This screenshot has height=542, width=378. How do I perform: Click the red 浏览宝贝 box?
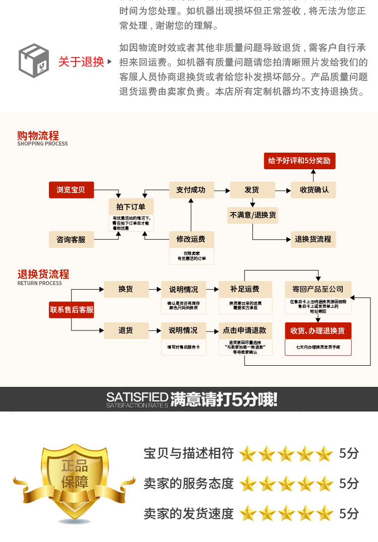click(x=71, y=190)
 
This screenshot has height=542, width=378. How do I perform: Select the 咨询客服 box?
click(x=71, y=239)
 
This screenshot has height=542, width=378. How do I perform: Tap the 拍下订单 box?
click(x=131, y=207)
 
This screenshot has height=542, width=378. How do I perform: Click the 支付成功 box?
click(x=191, y=190)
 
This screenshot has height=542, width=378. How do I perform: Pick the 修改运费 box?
click(x=191, y=239)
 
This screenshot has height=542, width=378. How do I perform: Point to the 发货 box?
click(x=252, y=190)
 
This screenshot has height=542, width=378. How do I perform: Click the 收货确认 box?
click(x=313, y=190)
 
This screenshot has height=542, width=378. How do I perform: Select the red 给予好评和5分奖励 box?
click(x=299, y=161)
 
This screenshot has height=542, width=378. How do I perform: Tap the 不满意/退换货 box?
click(x=253, y=215)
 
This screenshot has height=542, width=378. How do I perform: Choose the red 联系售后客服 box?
click(x=71, y=310)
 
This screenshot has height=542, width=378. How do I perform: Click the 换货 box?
click(x=125, y=289)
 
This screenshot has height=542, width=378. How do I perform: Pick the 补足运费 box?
click(x=244, y=289)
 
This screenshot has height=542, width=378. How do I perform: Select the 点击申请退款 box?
click(x=244, y=330)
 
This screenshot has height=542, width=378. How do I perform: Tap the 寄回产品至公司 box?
click(x=318, y=289)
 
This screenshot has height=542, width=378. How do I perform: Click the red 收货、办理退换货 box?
click(x=318, y=330)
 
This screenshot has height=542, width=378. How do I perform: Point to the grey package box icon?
click(x=34, y=61)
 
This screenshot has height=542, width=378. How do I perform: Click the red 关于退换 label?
click(x=81, y=62)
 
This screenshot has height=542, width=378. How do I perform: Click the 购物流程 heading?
click(x=38, y=135)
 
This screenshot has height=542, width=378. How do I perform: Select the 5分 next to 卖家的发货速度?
click(x=349, y=513)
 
